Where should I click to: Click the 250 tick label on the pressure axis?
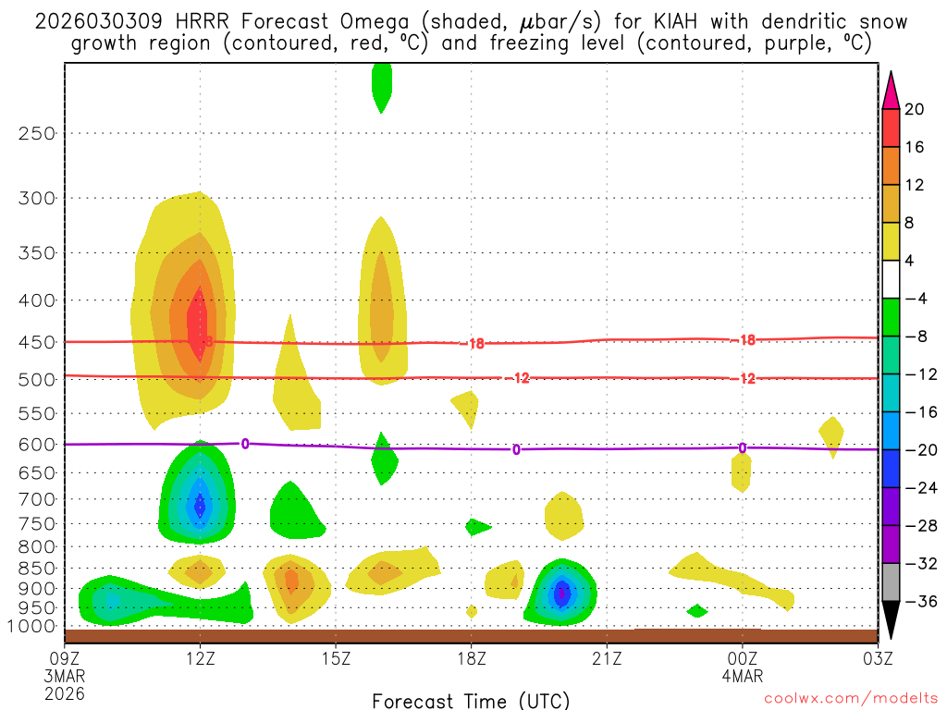pyautogui.click(x=37, y=133)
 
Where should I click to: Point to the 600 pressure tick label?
pyautogui.click(x=37, y=445)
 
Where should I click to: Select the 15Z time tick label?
pyautogui.click(x=336, y=660)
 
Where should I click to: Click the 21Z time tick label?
pyautogui.click(x=607, y=660)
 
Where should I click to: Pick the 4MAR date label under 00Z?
pyautogui.click(x=743, y=677)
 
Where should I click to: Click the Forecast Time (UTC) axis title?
pyautogui.click(x=471, y=700)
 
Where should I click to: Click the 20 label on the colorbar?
pyautogui.click(x=915, y=109)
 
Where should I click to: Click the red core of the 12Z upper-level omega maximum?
pyautogui.click(x=197, y=321)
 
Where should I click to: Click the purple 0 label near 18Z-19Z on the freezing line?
pyautogui.click(x=516, y=449)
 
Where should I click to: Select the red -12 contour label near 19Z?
pyautogui.click(x=521, y=378)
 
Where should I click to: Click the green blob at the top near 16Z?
pyautogui.click(x=381, y=86)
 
